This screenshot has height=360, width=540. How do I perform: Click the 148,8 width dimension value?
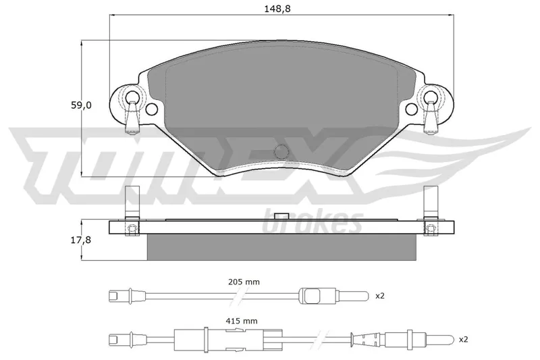coord(277,9)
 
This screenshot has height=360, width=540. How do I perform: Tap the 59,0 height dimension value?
coord(81,105)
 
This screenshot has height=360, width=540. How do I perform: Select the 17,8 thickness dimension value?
coord(81,240)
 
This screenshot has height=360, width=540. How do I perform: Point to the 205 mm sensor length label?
coord(244,282)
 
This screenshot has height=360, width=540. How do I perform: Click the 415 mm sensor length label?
coord(242,322)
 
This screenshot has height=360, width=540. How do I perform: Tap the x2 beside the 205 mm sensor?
coord(379,296)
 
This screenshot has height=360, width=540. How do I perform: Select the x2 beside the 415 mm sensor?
coord(463,339)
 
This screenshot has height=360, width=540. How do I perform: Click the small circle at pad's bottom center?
coord(281,151)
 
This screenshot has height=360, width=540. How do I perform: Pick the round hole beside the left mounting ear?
coord(151,109)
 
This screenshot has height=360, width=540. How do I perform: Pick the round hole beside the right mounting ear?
coord(411,109)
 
